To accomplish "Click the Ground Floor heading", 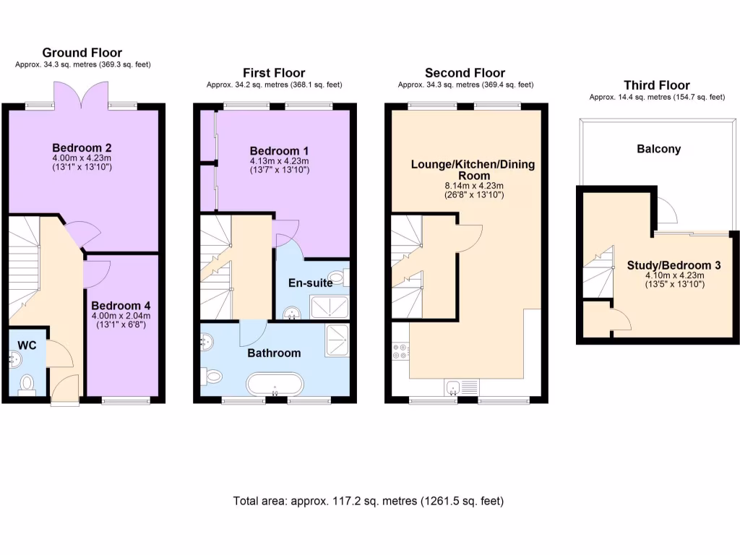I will (82, 53).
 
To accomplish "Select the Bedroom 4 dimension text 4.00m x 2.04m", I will (121, 315).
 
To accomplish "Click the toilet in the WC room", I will (27, 382).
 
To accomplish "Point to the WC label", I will (27, 345).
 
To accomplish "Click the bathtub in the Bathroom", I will (274, 382).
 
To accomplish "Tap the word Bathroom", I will (274, 353).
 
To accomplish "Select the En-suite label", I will (311, 283).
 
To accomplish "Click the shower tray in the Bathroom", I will (337, 340).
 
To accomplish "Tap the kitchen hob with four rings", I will (400, 351).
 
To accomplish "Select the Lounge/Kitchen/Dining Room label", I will (473, 170).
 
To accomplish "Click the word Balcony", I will (658, 149).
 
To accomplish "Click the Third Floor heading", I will (657, 85).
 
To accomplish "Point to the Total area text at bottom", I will (369, 501).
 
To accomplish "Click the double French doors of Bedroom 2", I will (82, 94).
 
